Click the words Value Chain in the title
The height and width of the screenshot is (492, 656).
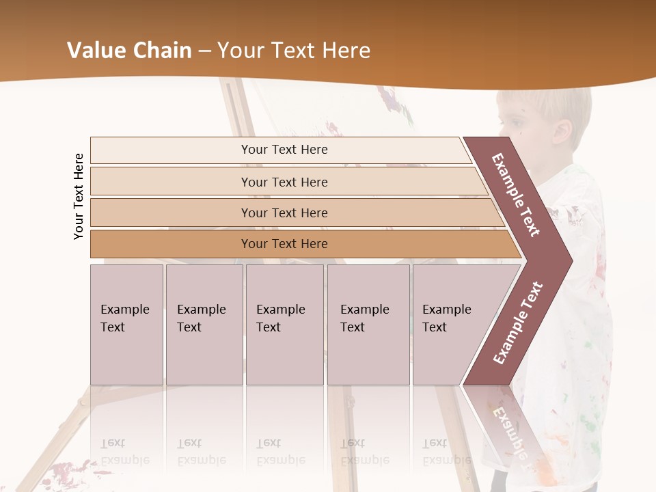point(129,51)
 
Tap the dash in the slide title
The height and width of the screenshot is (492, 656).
point(204,51)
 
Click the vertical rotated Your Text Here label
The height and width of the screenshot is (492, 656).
point(79,196)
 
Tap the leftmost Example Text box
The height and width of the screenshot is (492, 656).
point(126,325)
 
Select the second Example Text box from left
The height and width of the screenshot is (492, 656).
point(204,325)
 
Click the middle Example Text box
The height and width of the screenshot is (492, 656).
point(284,325)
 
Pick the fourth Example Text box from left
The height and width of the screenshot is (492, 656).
point(368,325)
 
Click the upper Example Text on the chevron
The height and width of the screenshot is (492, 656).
point(517,195)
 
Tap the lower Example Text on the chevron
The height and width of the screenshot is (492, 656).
point(517,323)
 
